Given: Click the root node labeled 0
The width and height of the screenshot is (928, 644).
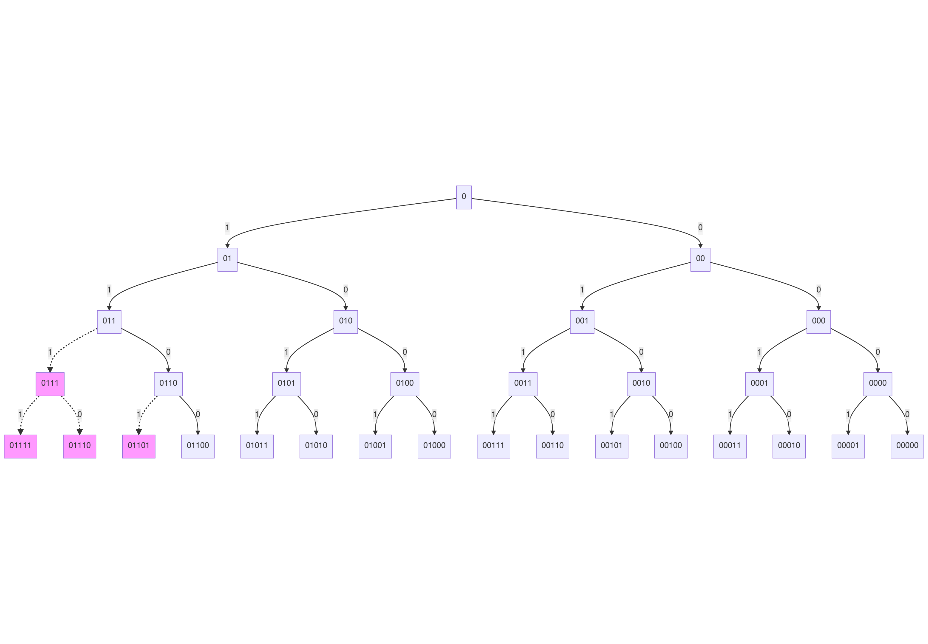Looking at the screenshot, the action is click(464, 197).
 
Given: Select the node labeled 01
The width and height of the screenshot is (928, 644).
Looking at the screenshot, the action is click(227, 259).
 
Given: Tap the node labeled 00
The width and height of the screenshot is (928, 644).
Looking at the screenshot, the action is click(700, 259).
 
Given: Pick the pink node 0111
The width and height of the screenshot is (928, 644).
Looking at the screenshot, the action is click(50, 384).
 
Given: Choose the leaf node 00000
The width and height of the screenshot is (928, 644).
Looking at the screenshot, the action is click(907, 446).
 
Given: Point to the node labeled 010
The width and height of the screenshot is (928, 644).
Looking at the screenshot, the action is click(346, 322).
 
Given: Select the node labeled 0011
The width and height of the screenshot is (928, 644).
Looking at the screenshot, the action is click(523, 384).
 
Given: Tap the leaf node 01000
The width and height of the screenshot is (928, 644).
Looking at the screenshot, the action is click(434, 446).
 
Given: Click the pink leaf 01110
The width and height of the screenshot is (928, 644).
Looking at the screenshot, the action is click(80, 446).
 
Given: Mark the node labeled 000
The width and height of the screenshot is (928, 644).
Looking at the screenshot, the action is click(818, 322).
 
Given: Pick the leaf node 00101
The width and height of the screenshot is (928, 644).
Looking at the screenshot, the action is click(611, 446).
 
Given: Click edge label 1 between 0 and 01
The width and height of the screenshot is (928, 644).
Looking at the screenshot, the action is click(227, 227).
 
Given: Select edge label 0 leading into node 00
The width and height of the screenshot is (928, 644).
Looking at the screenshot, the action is click(700, 227).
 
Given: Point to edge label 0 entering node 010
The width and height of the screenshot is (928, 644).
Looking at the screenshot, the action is click(346, 290).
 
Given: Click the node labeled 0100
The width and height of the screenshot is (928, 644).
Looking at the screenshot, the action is click(405, 384).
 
